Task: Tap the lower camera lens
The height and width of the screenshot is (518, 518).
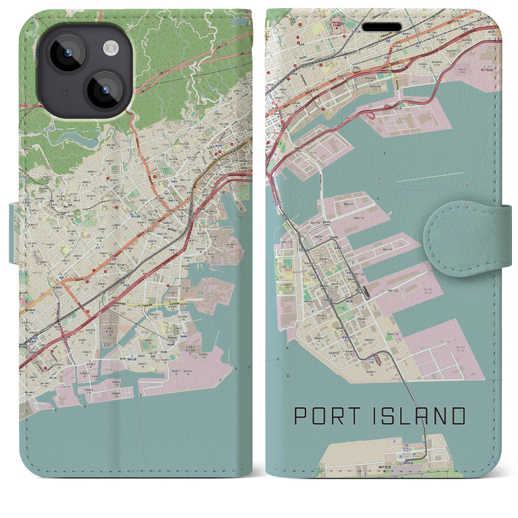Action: tap(106, 90)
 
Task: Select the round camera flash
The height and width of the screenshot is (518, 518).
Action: tap(110, 49)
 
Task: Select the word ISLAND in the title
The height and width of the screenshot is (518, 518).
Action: tap(418, 416)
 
